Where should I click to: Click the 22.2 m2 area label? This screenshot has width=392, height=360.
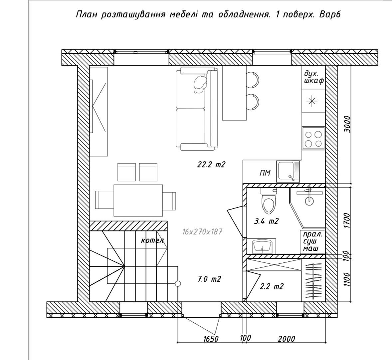tap(212, 165)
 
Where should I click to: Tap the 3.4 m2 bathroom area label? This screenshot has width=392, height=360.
tap(266, 221)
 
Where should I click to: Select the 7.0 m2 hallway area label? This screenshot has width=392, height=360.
tap(210, 279)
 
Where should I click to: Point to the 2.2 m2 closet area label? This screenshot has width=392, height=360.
tap(272, 286)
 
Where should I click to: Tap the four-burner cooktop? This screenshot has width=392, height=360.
tap(313, 138)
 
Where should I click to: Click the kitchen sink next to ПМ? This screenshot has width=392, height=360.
tap(288, 172)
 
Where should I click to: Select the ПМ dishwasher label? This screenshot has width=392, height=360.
tap(265, 173)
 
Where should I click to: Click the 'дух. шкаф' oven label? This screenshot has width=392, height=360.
tap(314, 77)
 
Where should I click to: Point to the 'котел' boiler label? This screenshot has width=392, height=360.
tap(152, 241)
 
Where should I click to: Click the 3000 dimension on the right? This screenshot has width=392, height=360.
tap(347, 124)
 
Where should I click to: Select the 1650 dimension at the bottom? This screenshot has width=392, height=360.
tap(211, 339)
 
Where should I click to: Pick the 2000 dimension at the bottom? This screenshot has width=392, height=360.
tap(287, 339)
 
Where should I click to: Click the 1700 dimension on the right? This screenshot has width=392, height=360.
tap(347, 220)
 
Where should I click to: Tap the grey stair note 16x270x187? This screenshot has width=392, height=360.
tap(202, 232)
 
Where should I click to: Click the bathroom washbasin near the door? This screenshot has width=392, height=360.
tap(262, 246)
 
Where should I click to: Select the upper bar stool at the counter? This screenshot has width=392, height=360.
tap(252, 80)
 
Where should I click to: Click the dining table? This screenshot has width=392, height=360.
tap(138, 200)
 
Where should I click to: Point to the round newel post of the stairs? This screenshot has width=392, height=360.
tap(178, 284)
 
